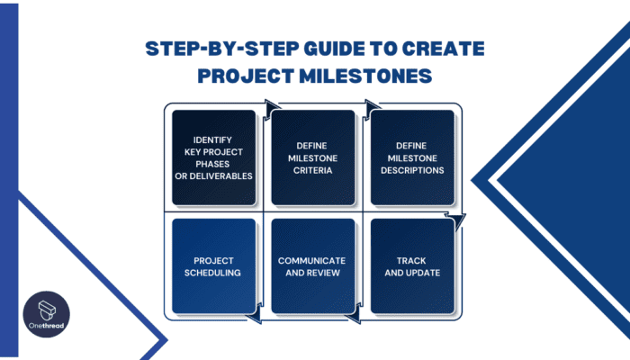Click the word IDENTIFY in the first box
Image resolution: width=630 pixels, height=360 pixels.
pos(213,139)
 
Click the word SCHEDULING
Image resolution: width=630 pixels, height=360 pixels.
pos(213,273)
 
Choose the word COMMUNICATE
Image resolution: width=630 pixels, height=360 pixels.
pos(312,261)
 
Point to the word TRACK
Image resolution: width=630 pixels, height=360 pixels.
pos(411,261)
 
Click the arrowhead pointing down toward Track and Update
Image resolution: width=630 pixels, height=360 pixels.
pos(460,219)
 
